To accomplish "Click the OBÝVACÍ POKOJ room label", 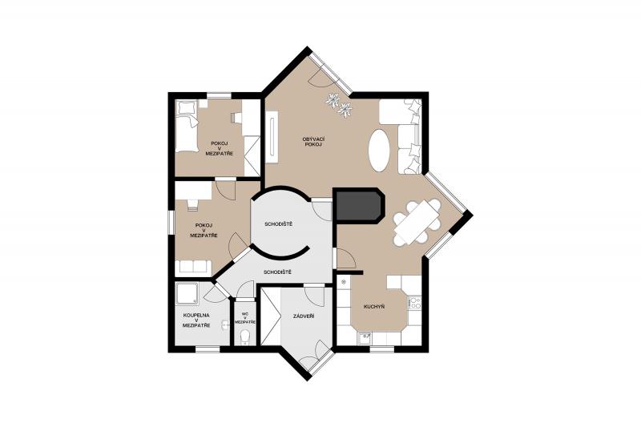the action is coord(313,142).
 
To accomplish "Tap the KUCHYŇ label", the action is coord(374,307).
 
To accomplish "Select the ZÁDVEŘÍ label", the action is coord(304,316).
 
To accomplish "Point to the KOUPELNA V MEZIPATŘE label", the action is coord(196,320).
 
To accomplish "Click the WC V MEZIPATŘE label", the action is coord(245,318).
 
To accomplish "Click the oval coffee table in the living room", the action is coord(379,151).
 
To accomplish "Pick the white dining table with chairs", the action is coord(417,222).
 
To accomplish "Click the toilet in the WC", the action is coord(245,337).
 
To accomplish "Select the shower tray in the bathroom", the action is coord(187,294).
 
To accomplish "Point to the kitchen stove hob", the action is coord(415,303).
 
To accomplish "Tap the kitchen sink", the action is coord(365,338).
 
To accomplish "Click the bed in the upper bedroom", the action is coord(187,126).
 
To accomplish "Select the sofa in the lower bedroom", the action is coord(193,268).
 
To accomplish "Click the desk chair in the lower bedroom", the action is coord(192,204).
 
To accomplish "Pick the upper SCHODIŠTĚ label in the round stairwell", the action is coord(278,224).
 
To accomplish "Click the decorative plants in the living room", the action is coord(339,105).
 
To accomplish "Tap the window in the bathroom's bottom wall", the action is coord(208,349).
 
